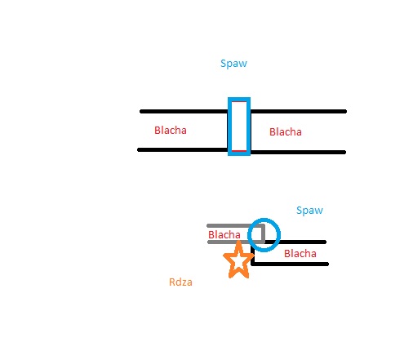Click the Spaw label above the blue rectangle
[x=233, y=64]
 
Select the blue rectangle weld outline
[x=229, y=127]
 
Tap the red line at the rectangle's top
[x=239, y=102]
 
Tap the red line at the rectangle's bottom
[x=239, y=150]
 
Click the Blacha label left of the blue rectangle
[x=171, y=131]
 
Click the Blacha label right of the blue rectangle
[x=286, y=132]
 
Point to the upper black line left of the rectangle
[x=184, y=111]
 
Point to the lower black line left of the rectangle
[x=183, y=149]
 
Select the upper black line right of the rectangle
[x=299, y=111]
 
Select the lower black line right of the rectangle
[x=298, y=152]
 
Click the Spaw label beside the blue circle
[x=309, y=211]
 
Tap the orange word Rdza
[x=180, y=282]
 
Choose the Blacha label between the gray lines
[x=224, y=234]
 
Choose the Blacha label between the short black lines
[x=300, y=254]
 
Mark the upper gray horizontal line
[x=235, y=225]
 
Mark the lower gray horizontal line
[x=236, y=242]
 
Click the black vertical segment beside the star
[x=252, y=254]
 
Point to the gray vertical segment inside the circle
[x=263, y=233]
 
